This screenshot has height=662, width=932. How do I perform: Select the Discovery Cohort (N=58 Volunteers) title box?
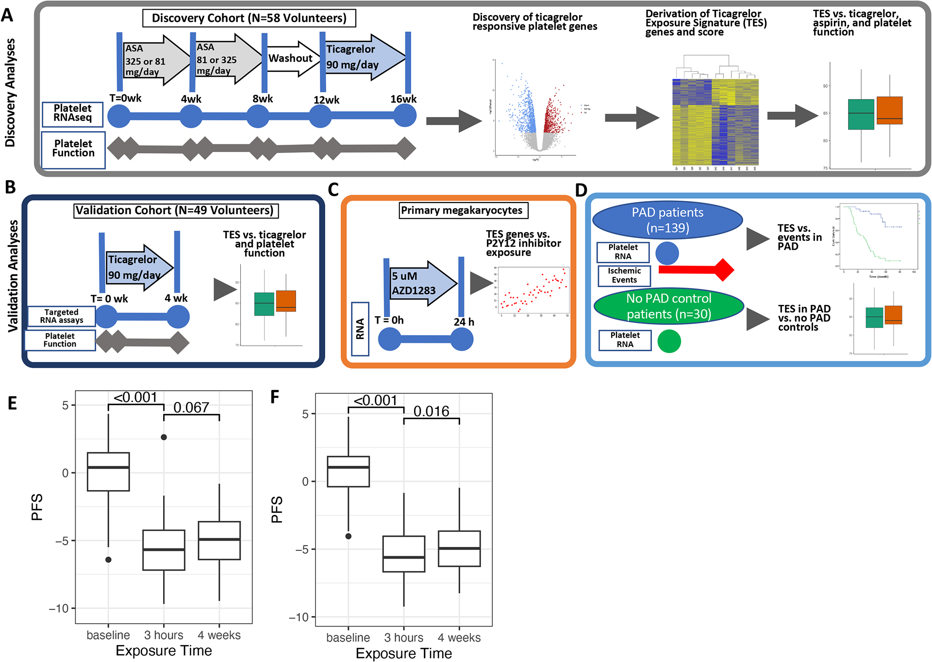(x=249, y=18)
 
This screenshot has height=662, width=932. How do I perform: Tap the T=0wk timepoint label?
(x=125, y=98)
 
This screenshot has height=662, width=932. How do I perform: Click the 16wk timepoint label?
(x=403, y=99)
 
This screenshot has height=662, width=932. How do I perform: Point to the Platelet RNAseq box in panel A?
(x=72, y=113)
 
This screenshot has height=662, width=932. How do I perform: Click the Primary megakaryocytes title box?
(x=462, y=210)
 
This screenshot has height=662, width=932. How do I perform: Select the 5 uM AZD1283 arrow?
(x=420, y=284)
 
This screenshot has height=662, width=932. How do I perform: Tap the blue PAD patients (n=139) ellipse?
(x=667, y=220)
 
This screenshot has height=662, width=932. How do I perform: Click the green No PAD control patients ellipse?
(x=668, y=306)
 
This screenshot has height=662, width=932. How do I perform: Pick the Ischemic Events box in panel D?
(x=624, y=275)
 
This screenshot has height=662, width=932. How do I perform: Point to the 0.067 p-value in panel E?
(x=191, y=407)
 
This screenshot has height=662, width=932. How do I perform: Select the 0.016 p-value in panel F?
(x=431, y=411)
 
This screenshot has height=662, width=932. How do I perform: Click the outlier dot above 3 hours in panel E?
(x=164, y=437)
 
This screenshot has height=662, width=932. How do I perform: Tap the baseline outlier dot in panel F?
(x=349, y=536)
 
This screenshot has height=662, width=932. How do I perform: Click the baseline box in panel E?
(x=108, y=472)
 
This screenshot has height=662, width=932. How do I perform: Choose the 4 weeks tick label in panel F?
(x=459, y=638)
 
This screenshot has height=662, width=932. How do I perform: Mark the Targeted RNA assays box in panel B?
(x=62, y=316)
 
